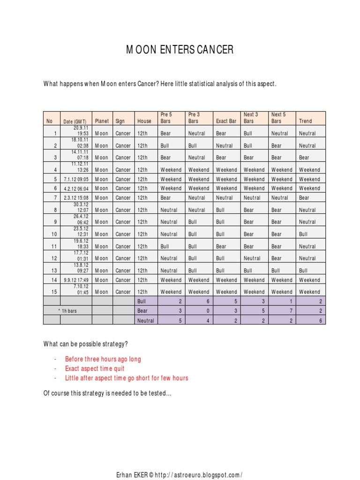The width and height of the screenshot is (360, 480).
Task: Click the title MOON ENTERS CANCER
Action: coord(180,50)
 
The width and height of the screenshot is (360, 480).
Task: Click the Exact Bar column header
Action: coord(226,121)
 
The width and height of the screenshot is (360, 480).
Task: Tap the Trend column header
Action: coord(305,121)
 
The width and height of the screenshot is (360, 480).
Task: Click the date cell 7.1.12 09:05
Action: coord(76,179)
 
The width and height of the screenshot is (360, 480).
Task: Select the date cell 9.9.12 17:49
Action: coord(76,280)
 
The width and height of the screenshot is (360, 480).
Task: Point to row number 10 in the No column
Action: coord(54,234)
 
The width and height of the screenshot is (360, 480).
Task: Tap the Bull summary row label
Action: coord(142,301)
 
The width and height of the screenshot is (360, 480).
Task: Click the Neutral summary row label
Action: coord(146,321)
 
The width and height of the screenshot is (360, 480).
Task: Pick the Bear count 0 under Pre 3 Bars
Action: coord(209,310)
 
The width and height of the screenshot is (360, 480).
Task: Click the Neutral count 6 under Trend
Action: coord(322,321)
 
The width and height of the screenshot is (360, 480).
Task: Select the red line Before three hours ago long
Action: coord(103,359)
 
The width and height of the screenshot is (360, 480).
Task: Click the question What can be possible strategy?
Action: coord(85,344)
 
